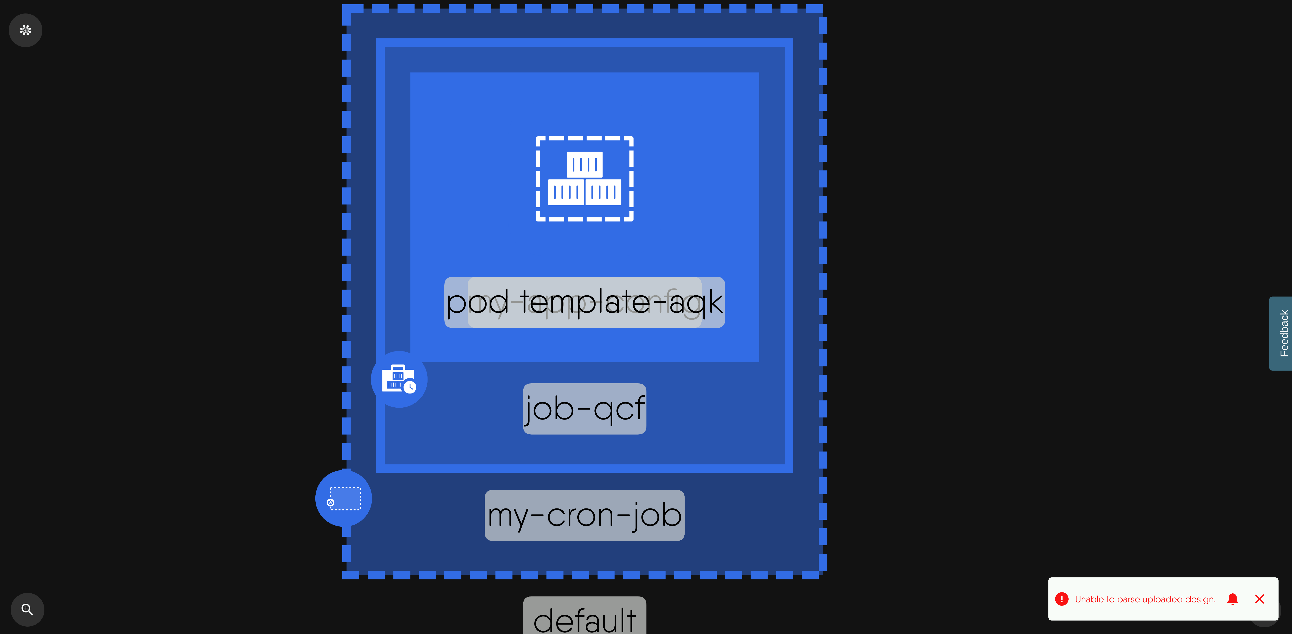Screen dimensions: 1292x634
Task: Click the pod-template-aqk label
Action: [x=584, y=302]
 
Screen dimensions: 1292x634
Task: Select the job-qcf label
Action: [x=584, y=409]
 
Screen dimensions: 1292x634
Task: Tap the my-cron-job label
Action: [x=584, y=515]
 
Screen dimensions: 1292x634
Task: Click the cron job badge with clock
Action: [x=399, y=379]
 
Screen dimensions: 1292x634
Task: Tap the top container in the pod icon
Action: [x=584, y=164]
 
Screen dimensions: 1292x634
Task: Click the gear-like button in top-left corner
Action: [x=26, y=30]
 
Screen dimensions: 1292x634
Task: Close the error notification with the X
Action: [x=1259, y=599]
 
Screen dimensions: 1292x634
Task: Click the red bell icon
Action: [x=1232, y=599]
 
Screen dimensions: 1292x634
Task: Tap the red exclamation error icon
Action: [x=1062, y=599]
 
